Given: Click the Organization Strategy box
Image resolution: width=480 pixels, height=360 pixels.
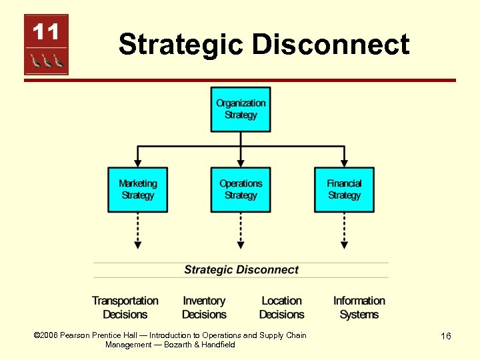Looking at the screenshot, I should pyautogui.click(x=241, y=109).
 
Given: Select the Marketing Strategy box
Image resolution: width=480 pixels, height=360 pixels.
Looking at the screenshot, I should pyautogui.click(x=138, y=189).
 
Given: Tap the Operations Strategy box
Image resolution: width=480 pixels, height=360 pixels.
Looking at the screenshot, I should pyautogui.click(x=241, y=189).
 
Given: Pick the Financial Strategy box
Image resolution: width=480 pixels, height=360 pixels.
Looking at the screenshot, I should pyautogui.click(x=344, y=189).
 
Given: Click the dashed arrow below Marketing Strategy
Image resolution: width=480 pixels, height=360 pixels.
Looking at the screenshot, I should pyautogui.click(x=138, y=231).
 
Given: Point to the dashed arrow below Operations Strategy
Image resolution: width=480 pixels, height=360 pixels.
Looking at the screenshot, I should pyautogui.click(x=241, y=231).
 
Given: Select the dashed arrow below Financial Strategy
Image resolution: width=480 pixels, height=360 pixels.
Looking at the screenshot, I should pyautogui.click(x=344, y=231).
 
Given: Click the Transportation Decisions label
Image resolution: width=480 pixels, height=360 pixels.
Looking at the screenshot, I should pyautogui.click(x=125, y=307).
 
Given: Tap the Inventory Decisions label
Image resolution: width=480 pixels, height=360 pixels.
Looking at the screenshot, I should pyautogui.click(x=204, y=307).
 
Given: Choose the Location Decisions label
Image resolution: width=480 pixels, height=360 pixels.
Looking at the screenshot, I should pyautogui.click(x=281, y=307).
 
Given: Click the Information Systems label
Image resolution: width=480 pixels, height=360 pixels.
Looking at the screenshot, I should pyautogui.click(x=359, y=307).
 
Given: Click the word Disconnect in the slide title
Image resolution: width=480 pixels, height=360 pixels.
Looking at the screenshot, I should pyautogui.click(x=331, y=45).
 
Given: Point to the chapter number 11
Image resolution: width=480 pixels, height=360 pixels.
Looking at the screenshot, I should pyautogui.click(x=46, y=31).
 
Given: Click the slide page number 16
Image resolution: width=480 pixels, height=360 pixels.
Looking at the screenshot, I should pyautogui.click(x=446, y=336).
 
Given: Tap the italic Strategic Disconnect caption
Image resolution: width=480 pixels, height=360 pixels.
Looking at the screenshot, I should pyautogui.click(x=241, y=270).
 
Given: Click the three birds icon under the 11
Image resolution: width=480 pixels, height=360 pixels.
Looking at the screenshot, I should pyautogui.click(x=46, y=61).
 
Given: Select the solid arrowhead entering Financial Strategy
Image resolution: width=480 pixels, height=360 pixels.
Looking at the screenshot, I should pyautogui.click(x=344, y=162).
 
